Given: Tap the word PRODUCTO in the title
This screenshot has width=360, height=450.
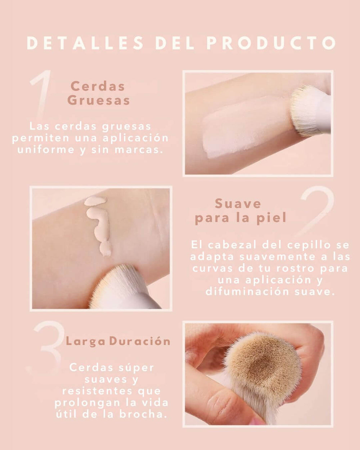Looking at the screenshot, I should click(x=271, y=43).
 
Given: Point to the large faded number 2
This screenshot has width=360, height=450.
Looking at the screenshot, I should click(x=317, y=211).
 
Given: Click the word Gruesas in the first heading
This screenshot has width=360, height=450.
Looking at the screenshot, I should click(x=98, y=100).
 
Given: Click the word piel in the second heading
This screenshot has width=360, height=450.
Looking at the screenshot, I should click(x=272, y=218).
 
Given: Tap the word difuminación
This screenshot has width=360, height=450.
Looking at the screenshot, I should click(x=248, y=291).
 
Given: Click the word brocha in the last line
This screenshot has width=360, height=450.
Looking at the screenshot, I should click(x=147, y=414).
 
